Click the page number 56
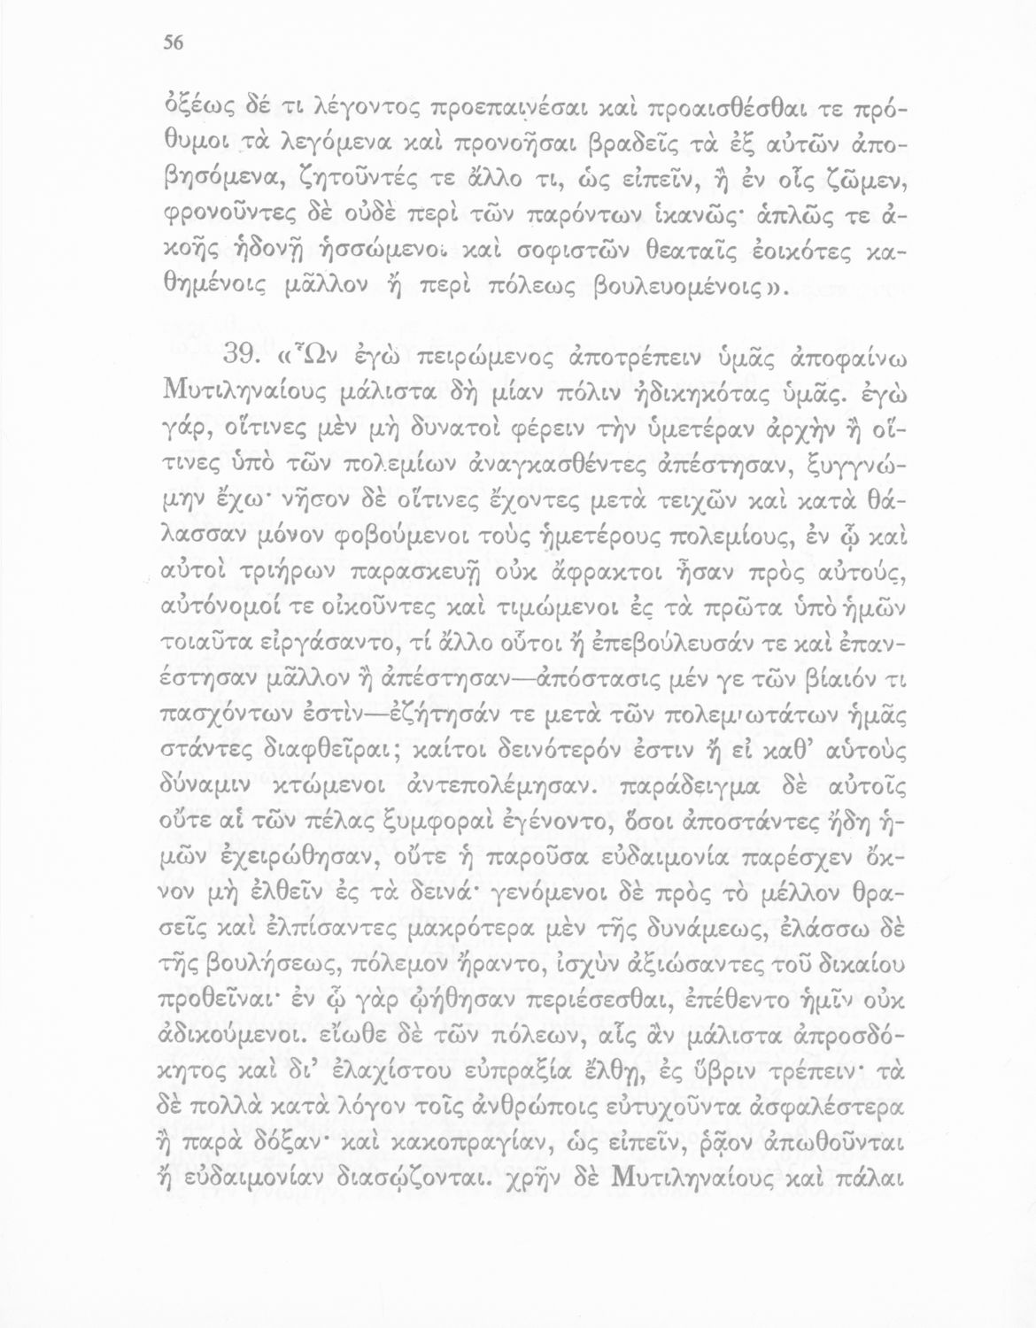tap(172, 49)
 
